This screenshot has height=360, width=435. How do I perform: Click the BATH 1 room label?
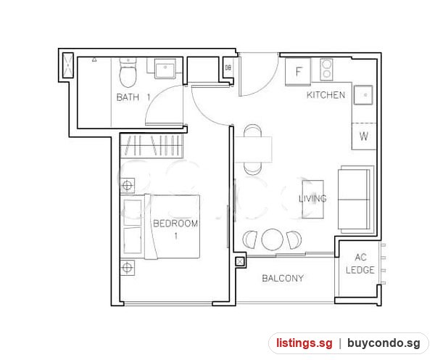(133, 97)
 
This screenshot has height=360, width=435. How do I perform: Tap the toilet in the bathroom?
(128, 73)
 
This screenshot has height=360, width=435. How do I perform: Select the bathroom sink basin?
(165, 69)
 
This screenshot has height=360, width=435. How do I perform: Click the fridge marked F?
(298, 72)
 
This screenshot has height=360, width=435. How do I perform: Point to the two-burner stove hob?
(326, 69)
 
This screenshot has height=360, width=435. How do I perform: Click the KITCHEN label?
(326, 95)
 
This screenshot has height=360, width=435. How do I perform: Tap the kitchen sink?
(363, 95)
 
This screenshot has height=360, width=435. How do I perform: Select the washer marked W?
(364, 136)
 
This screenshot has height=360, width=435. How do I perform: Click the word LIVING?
(312, 199)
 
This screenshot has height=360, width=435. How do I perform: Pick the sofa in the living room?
(356, 199)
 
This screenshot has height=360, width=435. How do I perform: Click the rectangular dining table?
(253, 150)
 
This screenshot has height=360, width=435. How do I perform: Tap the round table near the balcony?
(273, 240)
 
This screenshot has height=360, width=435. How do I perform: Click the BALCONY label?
(283, 278)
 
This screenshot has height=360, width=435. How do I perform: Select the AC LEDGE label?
(360, 263)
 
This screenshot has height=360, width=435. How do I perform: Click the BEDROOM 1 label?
(175, 229)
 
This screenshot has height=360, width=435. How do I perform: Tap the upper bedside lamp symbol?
(127, 185)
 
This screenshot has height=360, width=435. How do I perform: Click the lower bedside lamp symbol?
(127, 268)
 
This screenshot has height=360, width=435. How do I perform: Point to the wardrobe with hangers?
(152, 146)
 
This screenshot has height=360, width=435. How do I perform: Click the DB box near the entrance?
(228, 67)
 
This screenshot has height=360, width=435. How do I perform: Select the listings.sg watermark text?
(304, 343)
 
